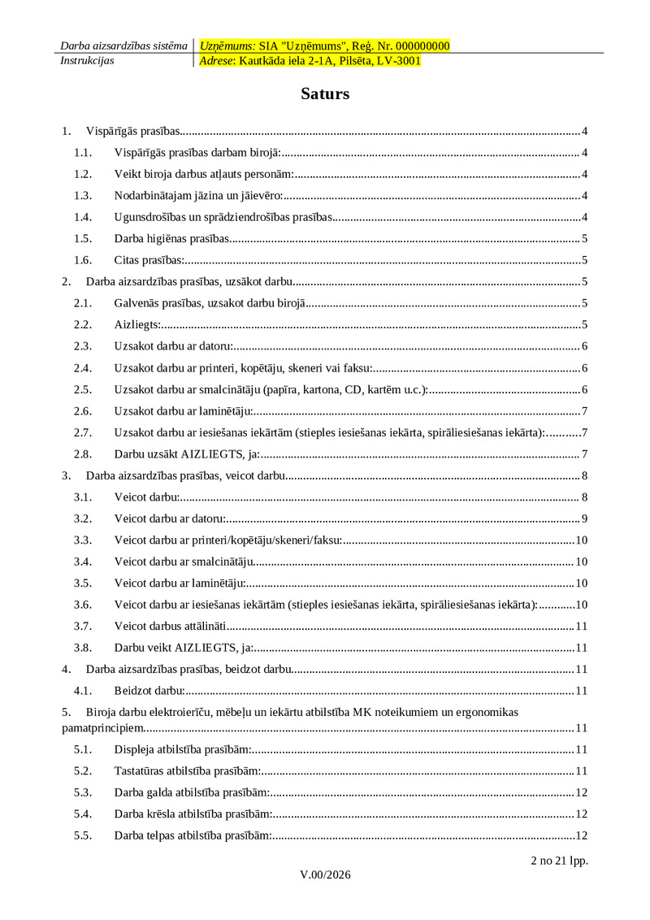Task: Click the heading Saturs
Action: click(x=325, y=93)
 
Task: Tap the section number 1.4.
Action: click(x=82, y=216)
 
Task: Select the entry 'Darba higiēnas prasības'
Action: click(x=171, y=238)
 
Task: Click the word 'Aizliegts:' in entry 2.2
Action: click(x=137, y=324)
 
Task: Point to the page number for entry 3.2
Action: click(x=584, y=519)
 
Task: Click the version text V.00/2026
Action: click(x=325, y=874)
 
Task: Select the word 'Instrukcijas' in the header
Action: click(x=87, y=60)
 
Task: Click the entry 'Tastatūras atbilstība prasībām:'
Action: click(x=187, y=770)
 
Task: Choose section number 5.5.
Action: click(x=82, y=835)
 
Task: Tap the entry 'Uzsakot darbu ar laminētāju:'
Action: click(x=184, y=410)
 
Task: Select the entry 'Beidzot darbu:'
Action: click(x=149, y=691)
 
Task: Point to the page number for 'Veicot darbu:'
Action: click(x=584, y=497)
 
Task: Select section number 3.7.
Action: click(x=82, y=626)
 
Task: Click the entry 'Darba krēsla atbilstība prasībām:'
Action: click(x=193, y=814)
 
